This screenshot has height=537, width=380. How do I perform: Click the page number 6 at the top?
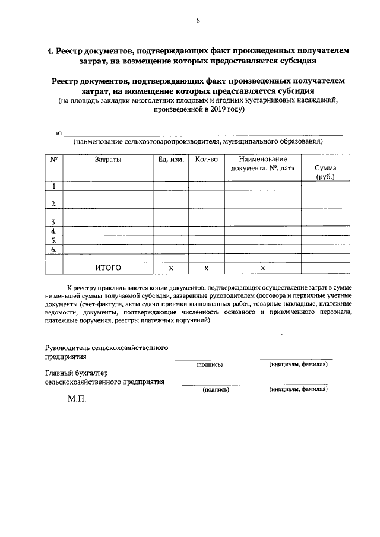(198, 21)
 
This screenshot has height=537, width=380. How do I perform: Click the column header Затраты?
(108, 160)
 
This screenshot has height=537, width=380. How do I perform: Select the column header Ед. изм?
(171, 160)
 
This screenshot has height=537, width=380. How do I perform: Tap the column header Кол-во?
(206, 160)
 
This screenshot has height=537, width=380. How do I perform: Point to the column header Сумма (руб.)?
(325, 172)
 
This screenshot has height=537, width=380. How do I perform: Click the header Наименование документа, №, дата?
(262, 164)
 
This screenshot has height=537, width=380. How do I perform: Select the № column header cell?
(54, 160)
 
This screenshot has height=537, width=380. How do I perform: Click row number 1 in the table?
(54, 186)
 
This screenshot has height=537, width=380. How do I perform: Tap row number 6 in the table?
(54, 250)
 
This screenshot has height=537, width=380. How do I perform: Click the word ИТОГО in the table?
(108, 268)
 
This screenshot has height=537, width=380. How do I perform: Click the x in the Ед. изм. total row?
(171, 269)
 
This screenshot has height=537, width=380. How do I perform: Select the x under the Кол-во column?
(206, 269)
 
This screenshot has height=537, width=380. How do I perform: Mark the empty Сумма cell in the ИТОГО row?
(325, 268)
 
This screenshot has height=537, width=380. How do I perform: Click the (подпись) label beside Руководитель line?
(209, 364)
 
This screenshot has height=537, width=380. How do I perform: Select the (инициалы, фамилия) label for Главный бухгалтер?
(298, 390)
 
